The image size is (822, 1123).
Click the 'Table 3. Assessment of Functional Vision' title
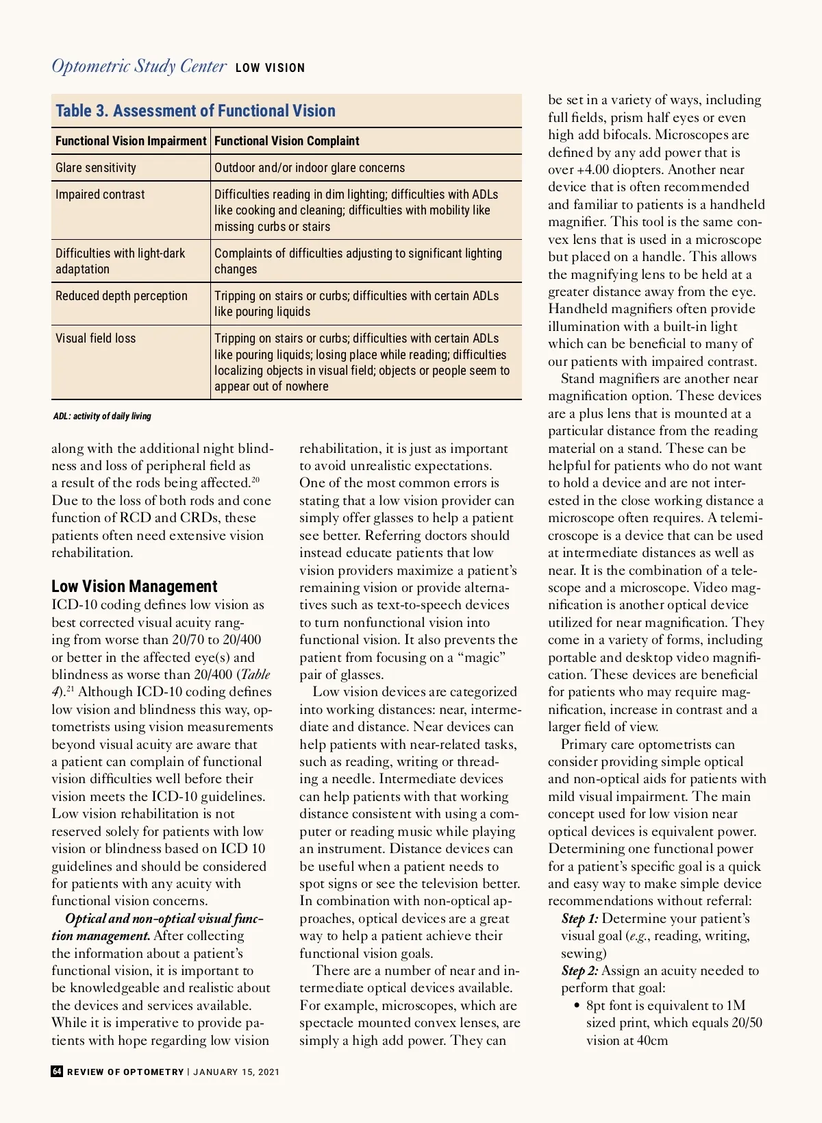(x=195, y=111)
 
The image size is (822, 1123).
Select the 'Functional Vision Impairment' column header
(x=130, y=141)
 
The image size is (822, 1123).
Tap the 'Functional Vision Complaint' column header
(x=286, y=141)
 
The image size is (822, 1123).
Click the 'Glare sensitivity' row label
(x=96, y=168)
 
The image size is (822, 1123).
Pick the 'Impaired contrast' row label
(x=100, y=195)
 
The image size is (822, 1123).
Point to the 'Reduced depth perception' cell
(x=121, y=296)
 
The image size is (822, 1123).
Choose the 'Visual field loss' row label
(x=96, y=338)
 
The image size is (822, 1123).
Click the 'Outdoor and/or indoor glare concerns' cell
(x=310, y=168)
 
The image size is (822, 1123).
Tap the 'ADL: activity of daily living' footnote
(x=102, y=416)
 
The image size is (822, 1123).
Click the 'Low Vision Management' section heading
(x=134, y=587)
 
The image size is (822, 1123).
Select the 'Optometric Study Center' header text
(x=139, y=66)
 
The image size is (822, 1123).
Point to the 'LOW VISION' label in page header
(x=270, y=68)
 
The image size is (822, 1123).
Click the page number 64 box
(x=57, y=1072)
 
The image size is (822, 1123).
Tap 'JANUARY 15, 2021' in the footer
(x=236, y=1072)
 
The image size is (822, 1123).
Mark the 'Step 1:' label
(x=580, y=919)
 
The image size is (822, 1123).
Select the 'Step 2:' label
(x=580, y=971)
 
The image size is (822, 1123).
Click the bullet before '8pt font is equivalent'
(x=577, y=1006)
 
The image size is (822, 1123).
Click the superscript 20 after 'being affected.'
(x=255, y=480)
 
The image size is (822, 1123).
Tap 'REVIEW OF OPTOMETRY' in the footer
(x=125, y=1072)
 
